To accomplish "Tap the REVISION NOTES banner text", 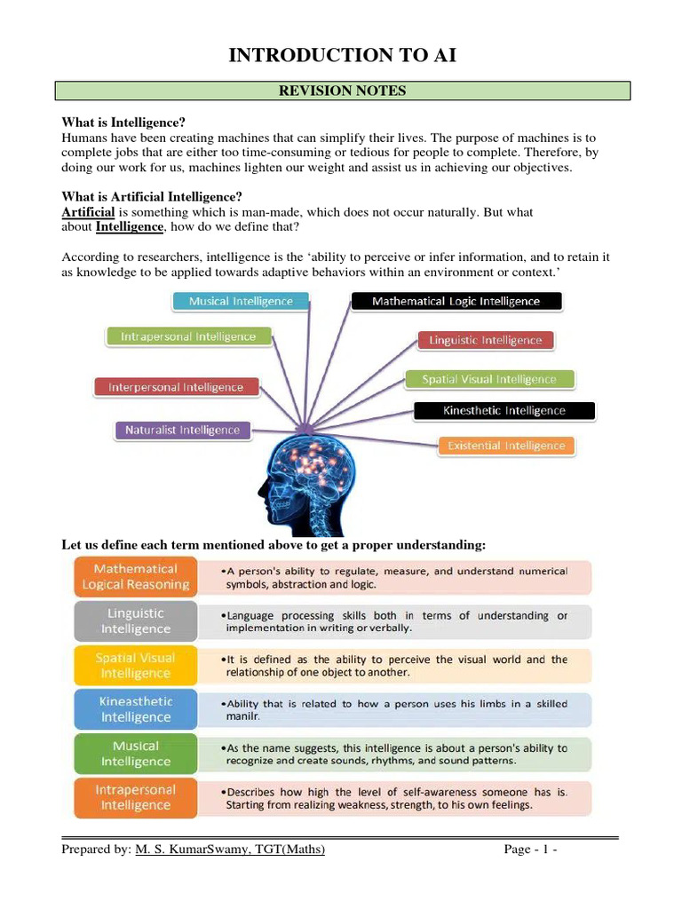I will pyautogui.click(x=343, y=91).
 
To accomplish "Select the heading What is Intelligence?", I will pyautogui.click(x=123, y=122).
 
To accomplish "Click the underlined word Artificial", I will pyautogui.click(x=88, y=212).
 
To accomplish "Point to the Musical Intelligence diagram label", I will pyautogui.click(x=240, y=301).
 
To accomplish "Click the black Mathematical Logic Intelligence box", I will pyautogui.click(x=456, y=301).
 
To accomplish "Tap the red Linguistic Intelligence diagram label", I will pyautogui.click(x=485, y=340).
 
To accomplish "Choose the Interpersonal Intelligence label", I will pyautogui.click(x=176, y=387).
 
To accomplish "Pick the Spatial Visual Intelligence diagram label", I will pyautogui.click(x=488, y=379).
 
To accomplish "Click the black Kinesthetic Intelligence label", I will pyautogui.click(x=504, y=411).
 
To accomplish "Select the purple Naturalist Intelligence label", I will pyautogui.click(x=182, y=431).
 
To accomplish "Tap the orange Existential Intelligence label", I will pyautogui.click(x=505, y=446).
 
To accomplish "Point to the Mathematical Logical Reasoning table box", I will pyautogui.click(x=135, y=577).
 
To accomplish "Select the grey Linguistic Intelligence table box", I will pyautogui.click(x=135, y=621).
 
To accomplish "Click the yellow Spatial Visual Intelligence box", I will pyautogui.click(x=135, y=666).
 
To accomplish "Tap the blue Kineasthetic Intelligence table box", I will pyautogui.click(x=135, y=709).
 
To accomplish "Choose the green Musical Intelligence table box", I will pyautogui.click(x=135, y=754).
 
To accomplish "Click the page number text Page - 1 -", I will pyautogui.click(x=530, y=850).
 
